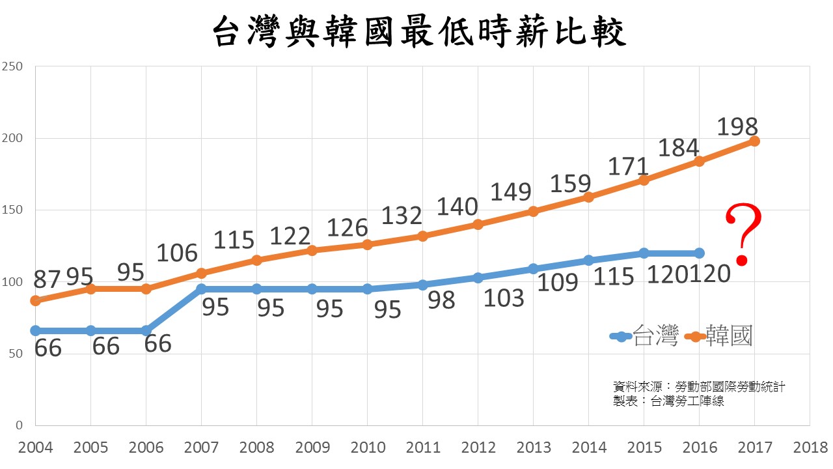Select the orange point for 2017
[754, 141]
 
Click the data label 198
[737, 126]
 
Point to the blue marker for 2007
[202, 289]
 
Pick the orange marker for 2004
[35, 300]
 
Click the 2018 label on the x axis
[810, 448]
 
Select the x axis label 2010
[368, 448]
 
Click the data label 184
[678, 148]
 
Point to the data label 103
[504, 298]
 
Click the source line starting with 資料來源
[699, 387]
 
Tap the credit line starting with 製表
[668, 401]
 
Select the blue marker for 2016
[699, 253]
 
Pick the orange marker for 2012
[478, 224]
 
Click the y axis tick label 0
[18, 425]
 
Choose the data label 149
[511, 192]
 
